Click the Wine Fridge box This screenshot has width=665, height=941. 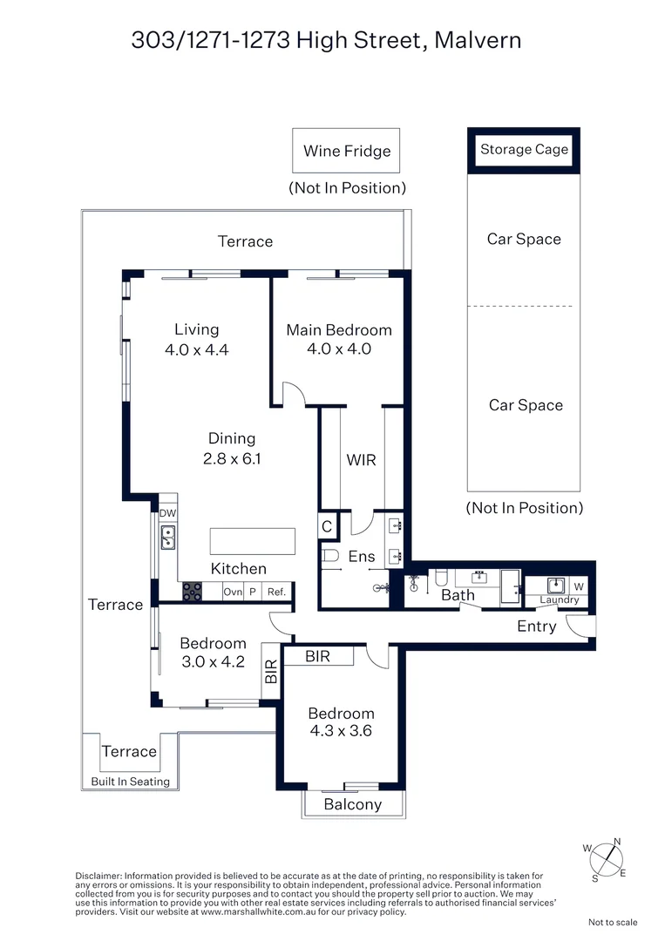tap(347, 151)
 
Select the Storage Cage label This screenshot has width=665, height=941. tap(524, 149)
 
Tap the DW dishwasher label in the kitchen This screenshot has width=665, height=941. tap(167, 513)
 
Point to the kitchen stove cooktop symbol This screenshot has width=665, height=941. tap(192, 592)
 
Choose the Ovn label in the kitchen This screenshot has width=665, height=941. tap(233, 592)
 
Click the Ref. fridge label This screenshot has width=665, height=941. tap(276, 592)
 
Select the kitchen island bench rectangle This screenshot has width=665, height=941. tap(252, 541)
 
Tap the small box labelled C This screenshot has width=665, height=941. tap(327, 527)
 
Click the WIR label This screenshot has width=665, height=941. tap(362, 459)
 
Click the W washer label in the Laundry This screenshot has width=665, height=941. tap(579, 586)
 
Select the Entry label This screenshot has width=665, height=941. tap(536, 626)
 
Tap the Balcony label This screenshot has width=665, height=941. tap(353, 804)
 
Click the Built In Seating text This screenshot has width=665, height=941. tap(131, 782)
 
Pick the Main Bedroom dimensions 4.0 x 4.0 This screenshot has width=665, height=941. tap(339, 349)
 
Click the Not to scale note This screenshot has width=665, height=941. tap(613, 922)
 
